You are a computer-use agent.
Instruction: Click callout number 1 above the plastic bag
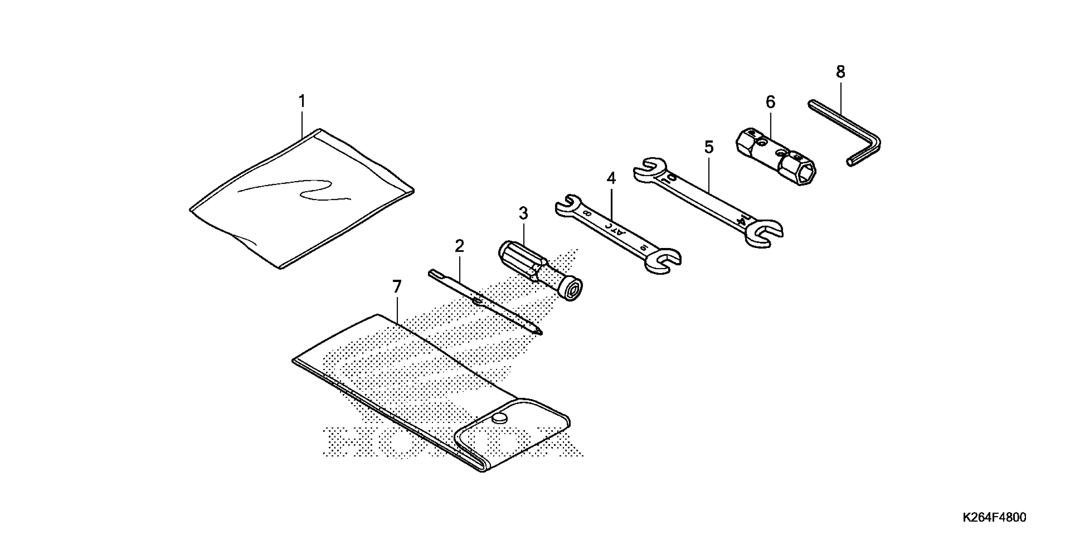tap(302, 101)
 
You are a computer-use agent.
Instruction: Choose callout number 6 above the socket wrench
tap(770, 102)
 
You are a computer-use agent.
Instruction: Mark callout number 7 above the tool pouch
tap(397, 287)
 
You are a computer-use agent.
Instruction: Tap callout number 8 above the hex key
tap(840, 72)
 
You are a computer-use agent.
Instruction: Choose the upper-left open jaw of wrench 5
tap(648, 168)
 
